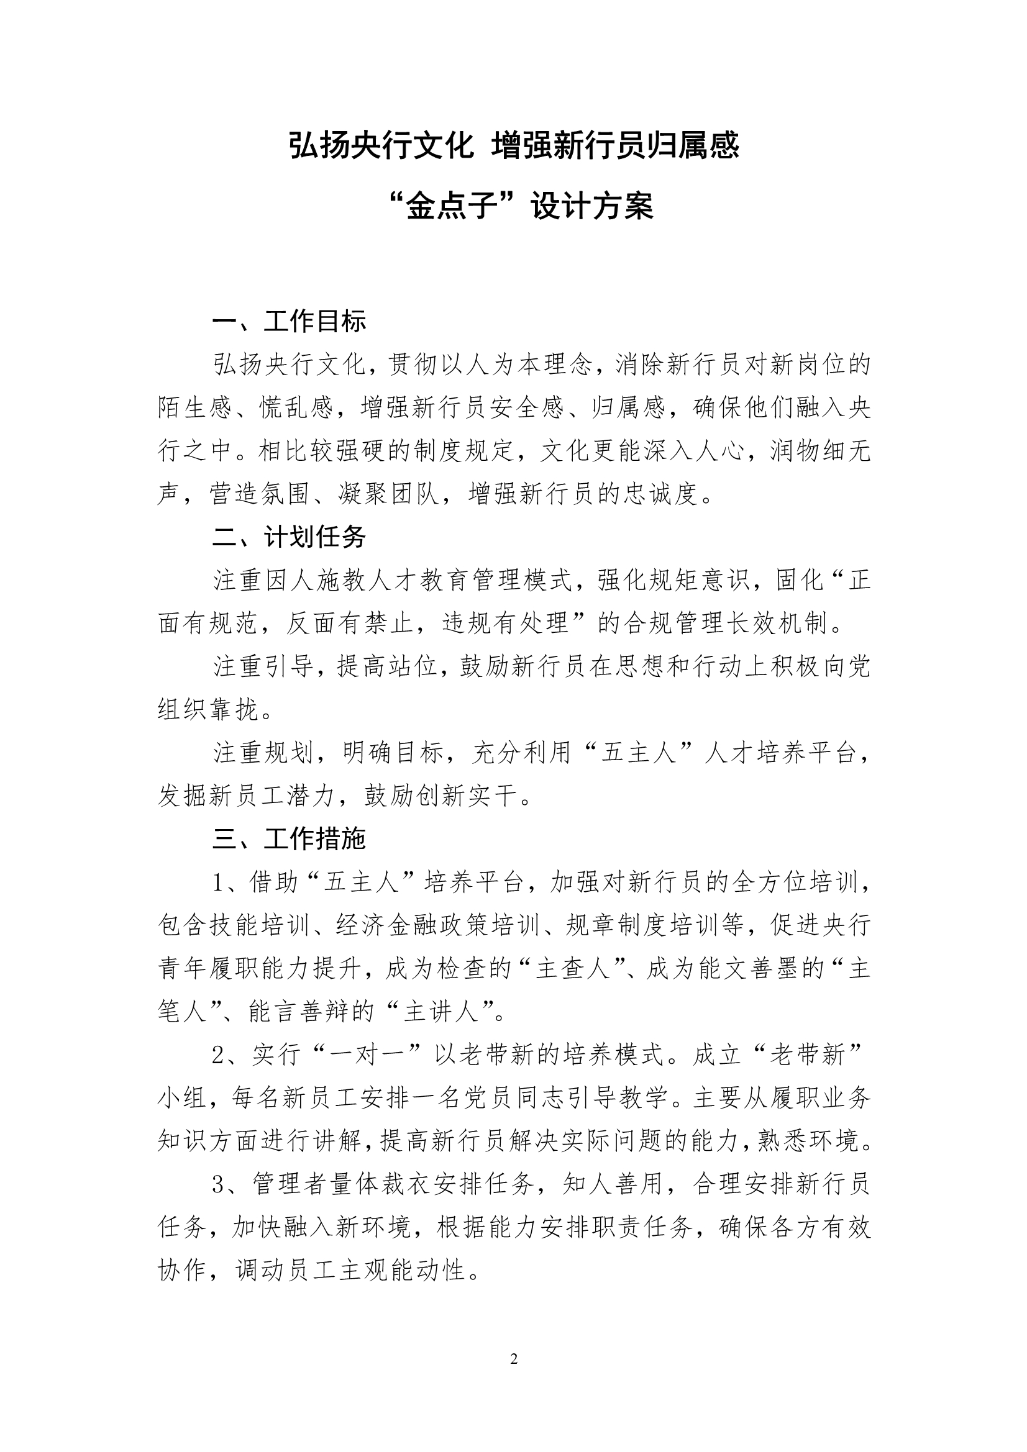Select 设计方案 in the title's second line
point(591,206)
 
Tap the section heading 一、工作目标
point(289,321)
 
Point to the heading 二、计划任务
point(289,537)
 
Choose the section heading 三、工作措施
point(289,838)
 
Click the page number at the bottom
point(514,1358)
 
